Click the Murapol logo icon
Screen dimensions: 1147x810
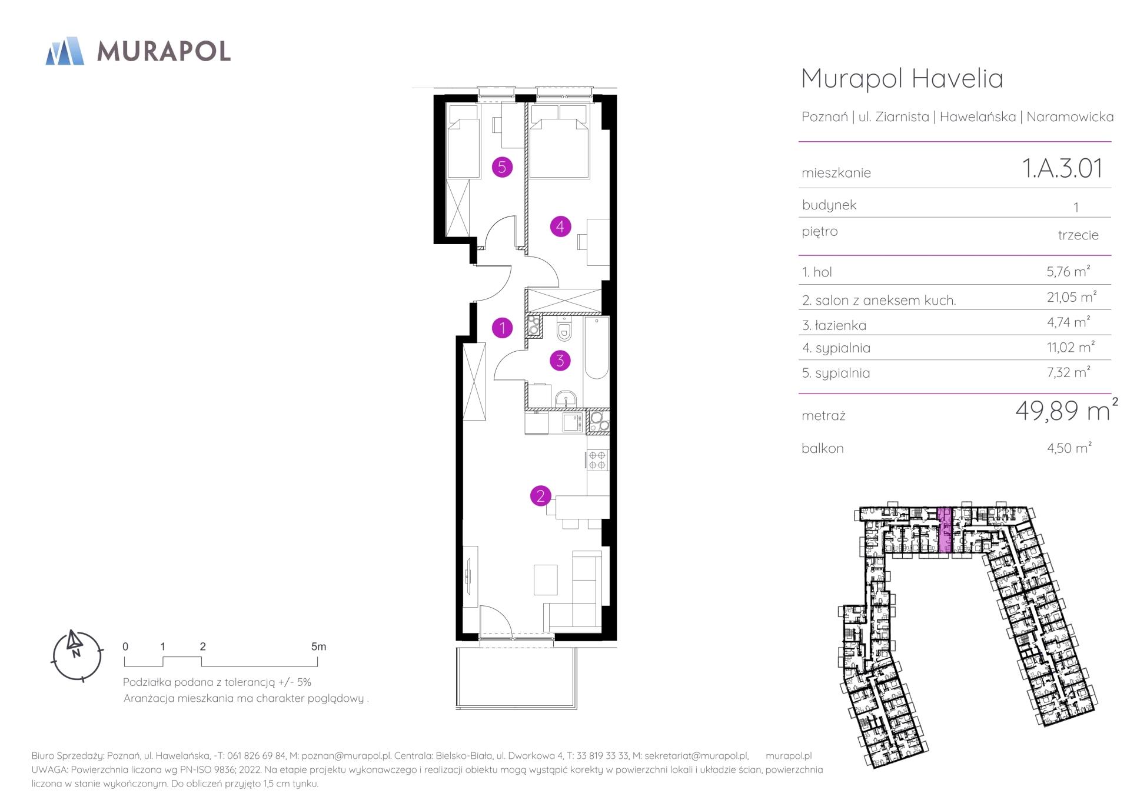tap(65, 51)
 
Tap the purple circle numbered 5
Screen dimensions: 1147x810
tap(502, 167)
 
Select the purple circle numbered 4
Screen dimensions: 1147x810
tap(560, 226)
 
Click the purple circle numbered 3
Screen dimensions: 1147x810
tap(560, 361)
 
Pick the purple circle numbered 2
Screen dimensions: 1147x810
tap(540, 496)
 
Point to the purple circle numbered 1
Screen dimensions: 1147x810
tap(502, 328)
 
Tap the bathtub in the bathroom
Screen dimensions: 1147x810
tap(596, 349)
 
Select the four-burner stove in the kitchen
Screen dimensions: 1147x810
tap(597, 460)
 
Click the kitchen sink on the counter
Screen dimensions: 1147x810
tap(572, 422)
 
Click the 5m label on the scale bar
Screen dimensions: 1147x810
tap(318, 646)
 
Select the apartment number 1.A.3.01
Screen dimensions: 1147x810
tap(1062, 168)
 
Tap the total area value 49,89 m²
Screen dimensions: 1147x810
tap(1066, 410)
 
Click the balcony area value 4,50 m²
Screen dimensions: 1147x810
tap(1069, 448)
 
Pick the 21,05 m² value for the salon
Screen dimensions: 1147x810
tap(1072, 297)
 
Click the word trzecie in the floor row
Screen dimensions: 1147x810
tap(1078, 235)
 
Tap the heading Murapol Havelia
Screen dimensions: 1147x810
tap(902, 78)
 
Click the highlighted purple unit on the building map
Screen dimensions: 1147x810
tap(944, 531)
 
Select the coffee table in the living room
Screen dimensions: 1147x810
tap(546, 579)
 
